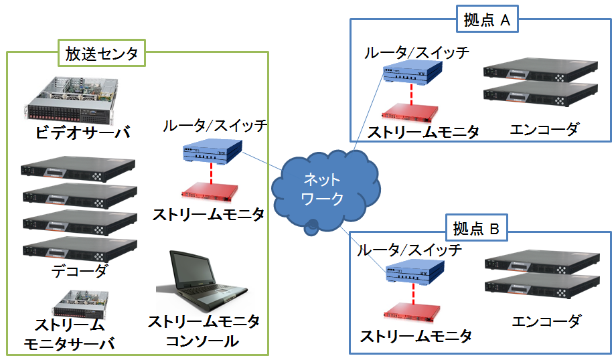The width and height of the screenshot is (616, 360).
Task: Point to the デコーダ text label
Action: click(x=79, y=271)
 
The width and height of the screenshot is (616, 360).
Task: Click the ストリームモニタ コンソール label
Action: click(x=203, y=331)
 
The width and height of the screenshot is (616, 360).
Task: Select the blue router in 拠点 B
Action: click(x=416, y=273)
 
